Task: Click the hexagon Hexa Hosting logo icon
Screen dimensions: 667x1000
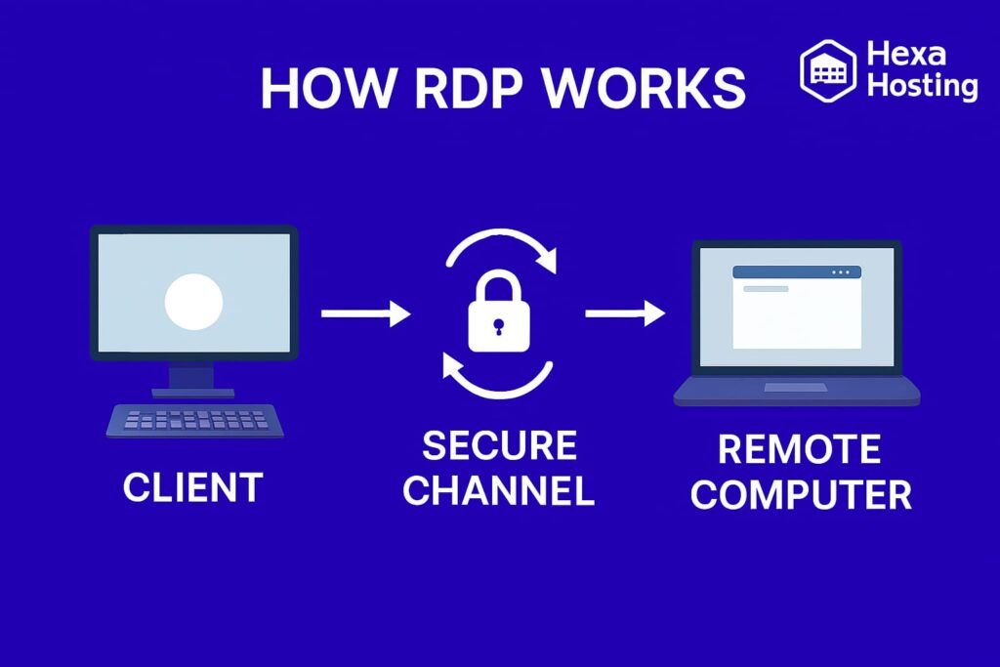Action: point(827,71)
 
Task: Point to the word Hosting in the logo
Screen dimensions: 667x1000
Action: point(922,86)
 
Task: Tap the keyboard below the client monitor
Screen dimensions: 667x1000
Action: point(195,421)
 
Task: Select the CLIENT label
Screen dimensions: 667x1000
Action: point(192,487)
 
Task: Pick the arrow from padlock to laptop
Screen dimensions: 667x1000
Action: point(625,313)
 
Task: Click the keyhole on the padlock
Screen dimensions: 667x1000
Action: point(499,325)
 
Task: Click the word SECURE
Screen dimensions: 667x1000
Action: point(499,446)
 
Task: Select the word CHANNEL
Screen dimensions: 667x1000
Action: point(499,491)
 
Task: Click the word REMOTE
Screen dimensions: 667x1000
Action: point(799,449)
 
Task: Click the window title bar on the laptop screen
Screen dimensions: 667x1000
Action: point(796,271)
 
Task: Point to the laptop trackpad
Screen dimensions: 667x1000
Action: point(795,388)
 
